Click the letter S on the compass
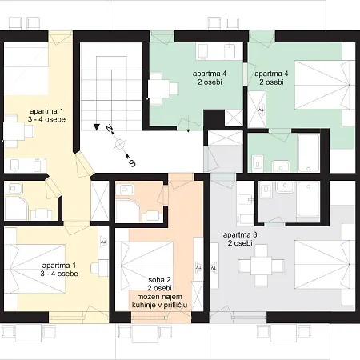pyautogui.click(x=132, y=163)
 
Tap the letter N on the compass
pyautogui.click(x=109, y=128)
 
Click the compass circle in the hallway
pyautogui.click(x=120, y=144)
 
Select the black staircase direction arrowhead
pyautogui.click(x=97, y=127)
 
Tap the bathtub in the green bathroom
pyautogui.click(x=309, y=153)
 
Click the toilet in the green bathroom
pyautogui.click(x=258, y=162)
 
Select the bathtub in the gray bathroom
pyautogui.click(x=309, y=199)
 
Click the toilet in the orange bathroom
pyautogui.click(x=126, y=189)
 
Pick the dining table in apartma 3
pyautogui.click(x=261, y=266)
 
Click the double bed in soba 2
pyautogui.click(x=147, y=266)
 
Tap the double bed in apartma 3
pyautogui.click(x=322, y=265)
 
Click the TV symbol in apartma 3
pyautogui.click(x=214, y=267)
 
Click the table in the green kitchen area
pyautogui.click(x=159, y=89)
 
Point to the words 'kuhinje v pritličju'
pyautogui.click(x=159, y=305)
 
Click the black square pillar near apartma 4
pyautogui.click(x=214, y=120)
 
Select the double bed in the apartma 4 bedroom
pyautogui.click(x=322, y=85)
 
